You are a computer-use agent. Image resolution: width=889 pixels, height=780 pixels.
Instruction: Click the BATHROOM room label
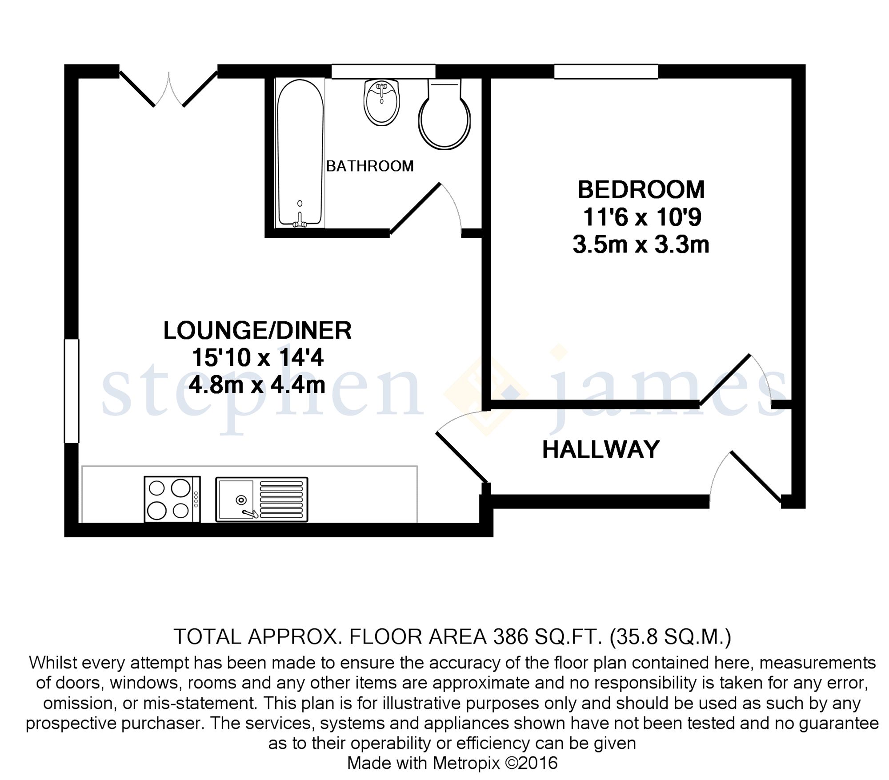click(370, 166)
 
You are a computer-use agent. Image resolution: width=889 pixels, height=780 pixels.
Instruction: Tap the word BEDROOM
click(641, 190)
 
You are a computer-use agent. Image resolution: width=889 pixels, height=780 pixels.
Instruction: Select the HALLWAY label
click(601, 449)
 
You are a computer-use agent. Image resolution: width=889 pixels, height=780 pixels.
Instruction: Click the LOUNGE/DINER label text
click(257, 331)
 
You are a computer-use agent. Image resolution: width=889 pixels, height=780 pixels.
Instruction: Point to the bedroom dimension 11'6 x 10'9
click(642, 217)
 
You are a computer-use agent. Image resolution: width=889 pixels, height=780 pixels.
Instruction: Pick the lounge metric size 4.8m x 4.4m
click(257, 385)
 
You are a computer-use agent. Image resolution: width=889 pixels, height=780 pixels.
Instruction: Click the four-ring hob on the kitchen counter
click(172, 499)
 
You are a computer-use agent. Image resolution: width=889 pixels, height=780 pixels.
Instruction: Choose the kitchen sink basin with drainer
click(261, 499)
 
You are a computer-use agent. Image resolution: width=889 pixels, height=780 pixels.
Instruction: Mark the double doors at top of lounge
click(168, 89)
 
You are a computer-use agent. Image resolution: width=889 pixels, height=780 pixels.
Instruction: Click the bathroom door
click(416, 208)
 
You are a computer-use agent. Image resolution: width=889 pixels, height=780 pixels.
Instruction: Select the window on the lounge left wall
click(72, 391)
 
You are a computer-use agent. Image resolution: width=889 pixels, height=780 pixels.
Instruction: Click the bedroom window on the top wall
click(606, 72)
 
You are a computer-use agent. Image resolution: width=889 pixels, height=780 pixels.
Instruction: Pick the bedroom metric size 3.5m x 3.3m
click(641, 245)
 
